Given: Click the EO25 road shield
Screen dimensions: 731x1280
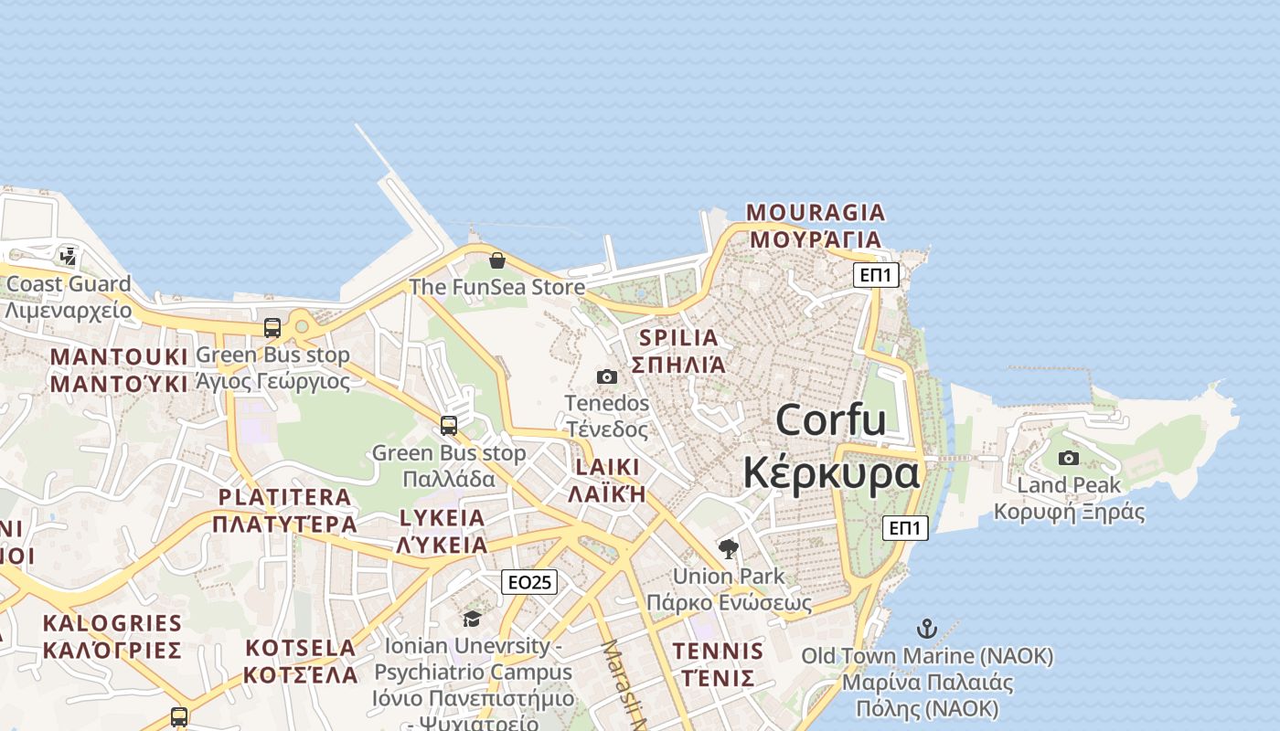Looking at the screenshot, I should click(x=529, y=582).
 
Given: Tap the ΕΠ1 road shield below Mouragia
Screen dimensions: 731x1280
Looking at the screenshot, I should click(x=876, y=274).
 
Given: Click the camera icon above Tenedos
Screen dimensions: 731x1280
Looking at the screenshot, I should click(x=606, y=376).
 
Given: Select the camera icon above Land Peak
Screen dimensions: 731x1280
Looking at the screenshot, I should click(x=1068, y=459).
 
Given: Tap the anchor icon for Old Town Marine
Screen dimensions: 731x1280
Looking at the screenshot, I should click(x=927, y=629).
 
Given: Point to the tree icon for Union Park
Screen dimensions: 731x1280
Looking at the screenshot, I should click(x=729, y=549).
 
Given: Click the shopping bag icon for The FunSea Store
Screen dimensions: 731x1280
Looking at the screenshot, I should click(x=496, y=261).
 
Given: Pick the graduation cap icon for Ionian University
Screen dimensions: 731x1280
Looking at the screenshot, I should click(x=472, y=620).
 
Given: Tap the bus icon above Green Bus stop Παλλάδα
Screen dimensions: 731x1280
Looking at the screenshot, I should click(x=448, y=426).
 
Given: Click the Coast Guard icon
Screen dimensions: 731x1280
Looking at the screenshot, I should click(x=69, y=257).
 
